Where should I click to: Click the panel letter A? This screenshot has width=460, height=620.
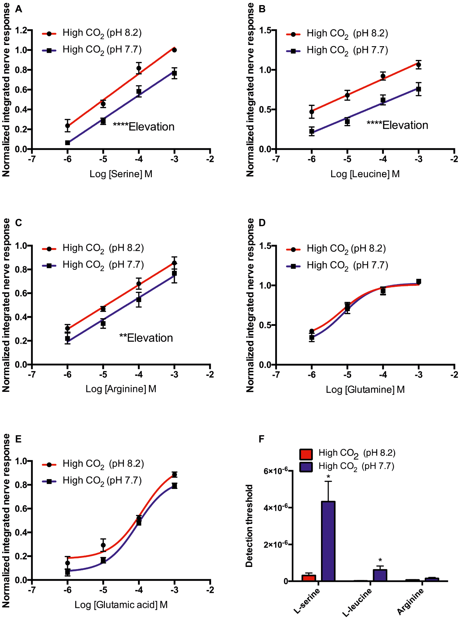click(x=19, y=9)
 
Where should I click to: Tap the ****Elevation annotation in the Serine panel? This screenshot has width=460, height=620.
click(x=144, y=127)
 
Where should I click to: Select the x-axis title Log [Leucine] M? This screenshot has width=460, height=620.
click(x=365, y=174)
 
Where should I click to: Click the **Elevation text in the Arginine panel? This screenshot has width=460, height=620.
click(x=146, y=338)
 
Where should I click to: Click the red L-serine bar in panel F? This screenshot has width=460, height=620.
click(x=309, y=578)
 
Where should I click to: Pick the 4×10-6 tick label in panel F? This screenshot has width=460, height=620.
click(x=276, y=507)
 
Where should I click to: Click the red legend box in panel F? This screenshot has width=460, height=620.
click(x=306, y=454)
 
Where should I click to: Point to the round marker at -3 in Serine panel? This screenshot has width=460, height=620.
click(x=175, y=50)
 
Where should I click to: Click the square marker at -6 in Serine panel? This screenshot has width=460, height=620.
click(x=68, y=143)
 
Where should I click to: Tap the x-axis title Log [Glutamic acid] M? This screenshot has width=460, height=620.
click(x=121, y=604)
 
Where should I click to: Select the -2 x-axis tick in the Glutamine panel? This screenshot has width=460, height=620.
click(x=454, y=375)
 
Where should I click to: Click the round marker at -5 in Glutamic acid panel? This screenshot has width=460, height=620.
click(x=103, y=545)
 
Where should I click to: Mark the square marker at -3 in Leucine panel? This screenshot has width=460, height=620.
click(x=419, y=89)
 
